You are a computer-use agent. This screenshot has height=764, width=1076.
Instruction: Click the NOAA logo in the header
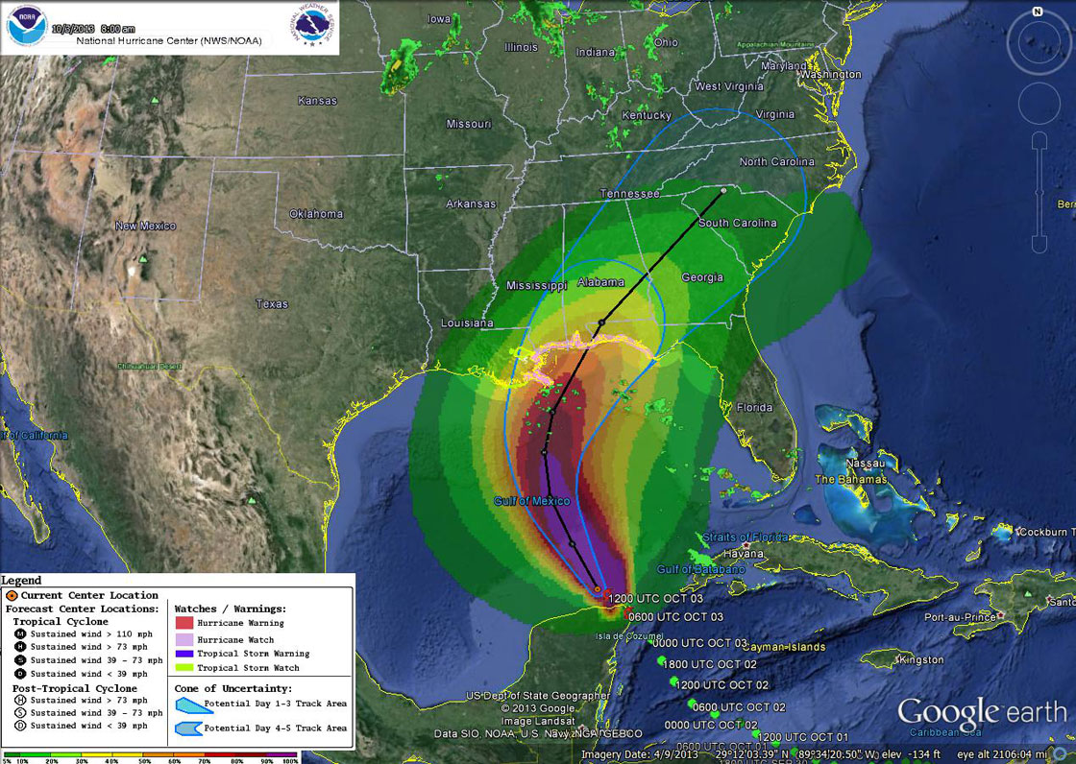25,27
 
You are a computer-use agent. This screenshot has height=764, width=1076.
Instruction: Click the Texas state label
272,304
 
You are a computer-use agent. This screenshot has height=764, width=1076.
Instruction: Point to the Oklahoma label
316,213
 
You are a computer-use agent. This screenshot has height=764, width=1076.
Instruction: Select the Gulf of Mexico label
531,502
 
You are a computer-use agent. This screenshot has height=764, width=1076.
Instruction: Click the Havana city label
743,554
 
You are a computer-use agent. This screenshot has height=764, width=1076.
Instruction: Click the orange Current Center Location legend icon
12,596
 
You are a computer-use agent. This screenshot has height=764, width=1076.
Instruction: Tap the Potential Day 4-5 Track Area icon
194,728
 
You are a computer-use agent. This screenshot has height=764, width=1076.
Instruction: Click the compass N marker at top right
1038,12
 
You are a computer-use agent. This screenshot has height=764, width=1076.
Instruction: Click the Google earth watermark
981,712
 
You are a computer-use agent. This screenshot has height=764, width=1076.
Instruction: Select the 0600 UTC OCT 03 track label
674,617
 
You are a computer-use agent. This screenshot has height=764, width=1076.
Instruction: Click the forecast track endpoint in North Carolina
723,191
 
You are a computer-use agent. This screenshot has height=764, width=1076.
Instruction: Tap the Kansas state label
317,101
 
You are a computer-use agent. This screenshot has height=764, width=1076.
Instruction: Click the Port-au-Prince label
960,617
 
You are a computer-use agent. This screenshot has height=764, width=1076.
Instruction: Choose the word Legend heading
21,581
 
